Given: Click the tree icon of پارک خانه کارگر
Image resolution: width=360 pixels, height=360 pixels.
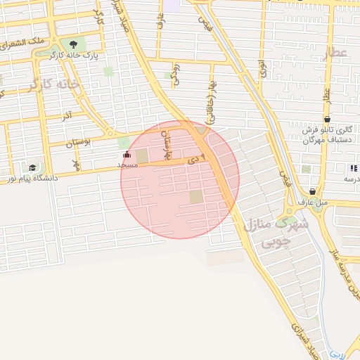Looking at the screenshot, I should tap(73, 44).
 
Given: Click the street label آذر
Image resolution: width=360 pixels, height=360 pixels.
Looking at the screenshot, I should tap(67, 116).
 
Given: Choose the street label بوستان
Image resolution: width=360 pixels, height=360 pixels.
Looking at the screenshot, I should tap(79, 143).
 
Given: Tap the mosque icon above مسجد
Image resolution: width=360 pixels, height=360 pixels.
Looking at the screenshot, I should tap(127, 155).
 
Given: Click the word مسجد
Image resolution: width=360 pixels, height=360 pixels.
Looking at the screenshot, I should tap(127, 165).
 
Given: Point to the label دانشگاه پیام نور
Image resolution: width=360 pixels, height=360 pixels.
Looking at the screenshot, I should tap(32, 178).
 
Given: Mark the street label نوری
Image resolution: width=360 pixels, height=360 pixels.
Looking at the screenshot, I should tap(262, 68).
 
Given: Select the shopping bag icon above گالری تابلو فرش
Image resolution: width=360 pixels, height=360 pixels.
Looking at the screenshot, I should tap(327, 120).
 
